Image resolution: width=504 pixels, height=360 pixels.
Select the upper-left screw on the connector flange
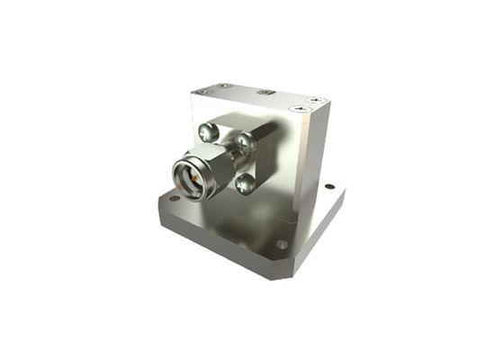coord(209,133)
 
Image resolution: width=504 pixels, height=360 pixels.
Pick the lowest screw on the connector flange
coord(245,184)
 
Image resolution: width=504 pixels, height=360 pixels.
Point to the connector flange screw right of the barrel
coord(245,142)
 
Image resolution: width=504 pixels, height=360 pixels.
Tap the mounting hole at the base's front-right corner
coord(282,244)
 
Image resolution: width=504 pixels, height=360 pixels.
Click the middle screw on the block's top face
coord(264,92)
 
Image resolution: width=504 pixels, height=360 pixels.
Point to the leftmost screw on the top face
coord(202,91)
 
